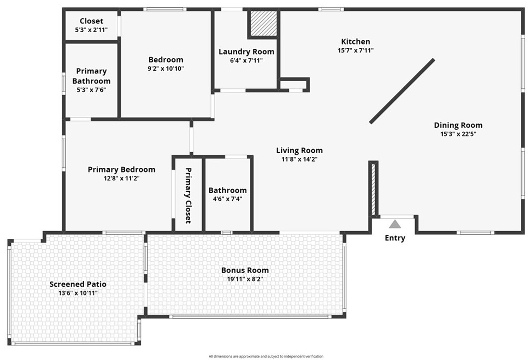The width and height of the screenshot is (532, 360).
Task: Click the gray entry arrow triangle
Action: [395, 224]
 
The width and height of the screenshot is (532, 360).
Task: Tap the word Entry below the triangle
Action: [395, 238]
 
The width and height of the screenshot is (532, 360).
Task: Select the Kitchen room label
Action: [355, 42]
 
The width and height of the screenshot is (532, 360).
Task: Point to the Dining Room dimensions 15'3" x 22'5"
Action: [458, 134]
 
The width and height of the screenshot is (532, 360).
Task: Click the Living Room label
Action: [300, 150]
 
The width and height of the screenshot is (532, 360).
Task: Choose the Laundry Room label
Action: [246, 52]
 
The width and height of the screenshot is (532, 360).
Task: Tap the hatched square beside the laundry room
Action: [263, 23]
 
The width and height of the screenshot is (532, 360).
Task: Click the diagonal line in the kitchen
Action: [402, 91]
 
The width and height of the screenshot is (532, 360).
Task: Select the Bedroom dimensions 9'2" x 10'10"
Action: [166, 69]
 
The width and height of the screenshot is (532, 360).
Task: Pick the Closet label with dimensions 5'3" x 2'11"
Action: [91, 21]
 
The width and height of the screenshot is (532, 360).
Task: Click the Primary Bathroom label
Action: [91, 76]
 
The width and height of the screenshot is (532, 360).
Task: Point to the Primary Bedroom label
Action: [122, 169]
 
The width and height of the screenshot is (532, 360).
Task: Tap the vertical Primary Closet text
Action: [188, 196]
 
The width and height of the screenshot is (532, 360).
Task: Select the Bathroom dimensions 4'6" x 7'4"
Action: [228, 199]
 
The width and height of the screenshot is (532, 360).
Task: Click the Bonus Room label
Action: [245, 271]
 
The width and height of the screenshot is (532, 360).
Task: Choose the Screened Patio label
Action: [78, 284]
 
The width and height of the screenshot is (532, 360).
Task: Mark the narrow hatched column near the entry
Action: [374, 189]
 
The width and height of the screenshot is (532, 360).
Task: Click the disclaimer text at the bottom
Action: [266, 356]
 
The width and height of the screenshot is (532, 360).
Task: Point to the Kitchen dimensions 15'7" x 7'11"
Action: [355, 50]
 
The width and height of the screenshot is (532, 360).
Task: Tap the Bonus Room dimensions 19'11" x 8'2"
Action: [245, 279]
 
